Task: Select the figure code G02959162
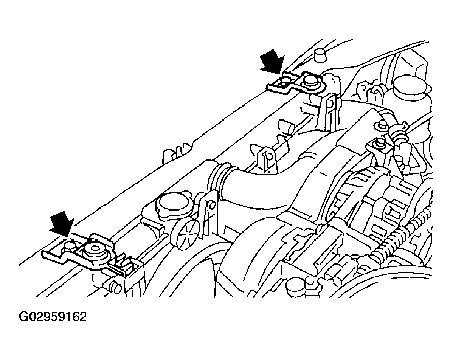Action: tap(53, 317)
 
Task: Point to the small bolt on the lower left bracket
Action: tap(69, 246)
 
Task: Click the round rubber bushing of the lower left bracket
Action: tap(94, 251)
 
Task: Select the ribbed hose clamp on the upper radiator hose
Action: tap(221, 180)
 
